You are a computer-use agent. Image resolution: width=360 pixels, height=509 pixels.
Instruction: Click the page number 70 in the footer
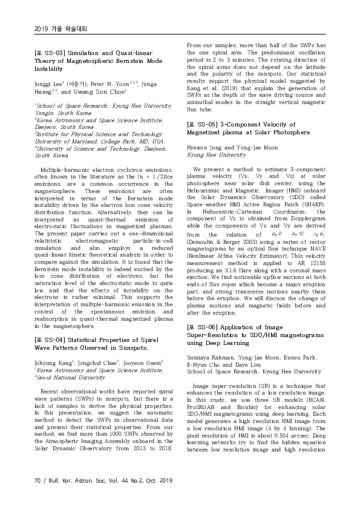[38, 481]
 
